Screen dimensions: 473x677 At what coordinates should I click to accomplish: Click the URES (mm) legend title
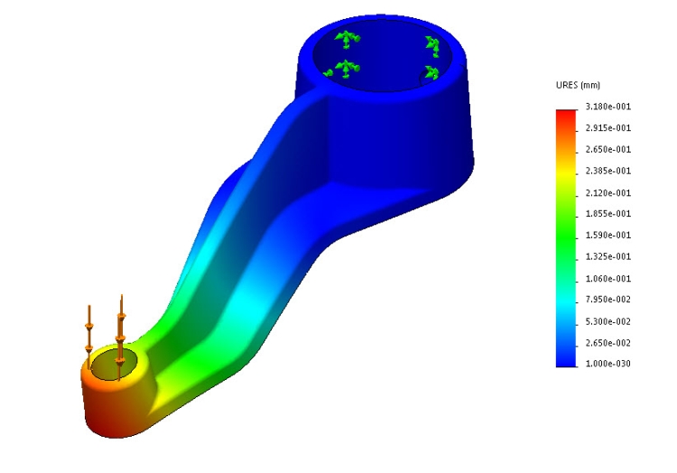pyautogui.click(x=578, y=86)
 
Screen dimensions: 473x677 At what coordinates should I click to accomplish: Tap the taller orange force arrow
pyautogui.click(x=120, y=329)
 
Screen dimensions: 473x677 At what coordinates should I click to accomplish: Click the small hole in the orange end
pyautogui.click(x=116, y=366)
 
